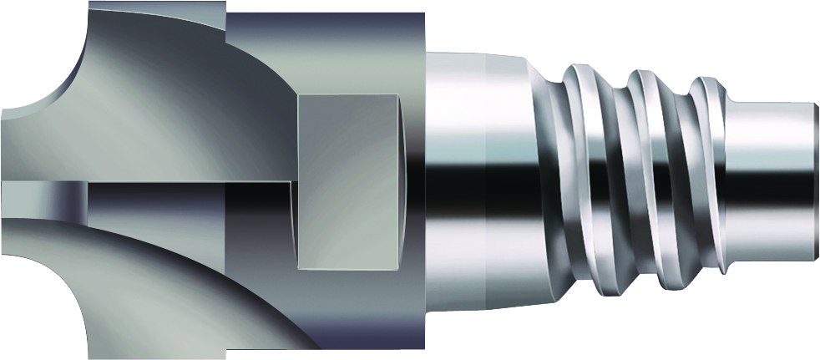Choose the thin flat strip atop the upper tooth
[154, 8]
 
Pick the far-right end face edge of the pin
[815, 180]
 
